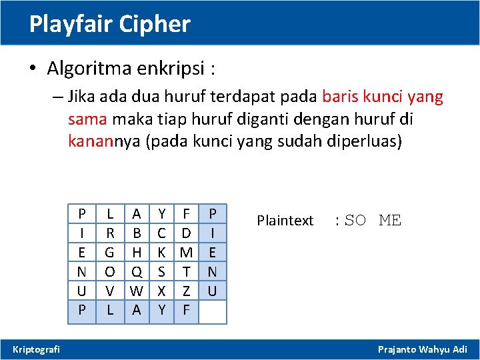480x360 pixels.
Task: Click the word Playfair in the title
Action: click(71, 25)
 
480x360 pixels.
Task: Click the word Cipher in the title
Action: click(155, 25)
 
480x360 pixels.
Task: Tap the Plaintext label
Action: click(285, 221)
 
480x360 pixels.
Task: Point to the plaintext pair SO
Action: click(355, 221)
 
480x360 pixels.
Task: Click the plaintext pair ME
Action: click(390, 221)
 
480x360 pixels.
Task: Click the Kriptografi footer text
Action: click(36, 349)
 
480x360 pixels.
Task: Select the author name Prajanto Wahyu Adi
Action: click(423, 349)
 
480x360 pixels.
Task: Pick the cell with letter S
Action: click(162, 272)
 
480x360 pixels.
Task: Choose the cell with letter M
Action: click(187, 253)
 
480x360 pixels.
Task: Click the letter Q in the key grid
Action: click(137, 272)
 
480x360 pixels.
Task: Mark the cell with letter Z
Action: click(187, 291)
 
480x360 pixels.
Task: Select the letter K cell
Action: click(162, 253)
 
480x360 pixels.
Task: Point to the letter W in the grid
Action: click(137, 291)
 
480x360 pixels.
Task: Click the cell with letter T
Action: click(187, 272)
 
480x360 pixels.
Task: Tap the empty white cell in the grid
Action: click(213, 311)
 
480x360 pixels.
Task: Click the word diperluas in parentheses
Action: click(367, 142)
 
